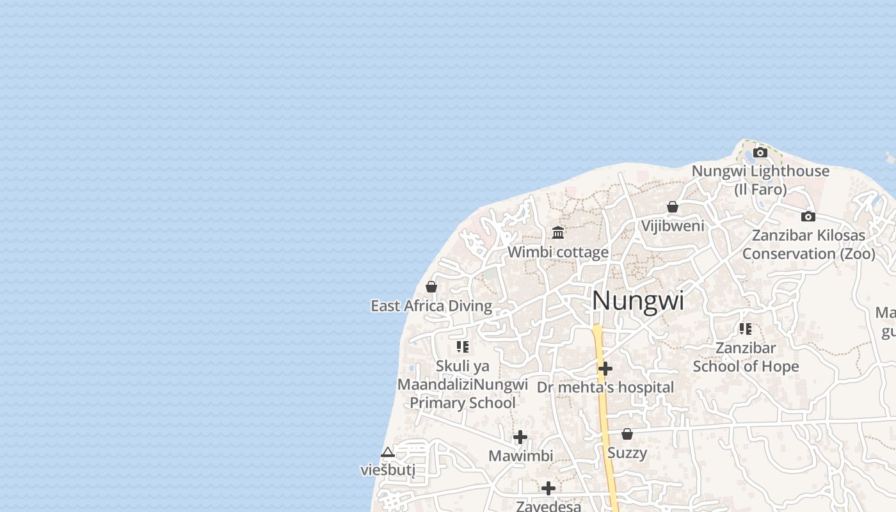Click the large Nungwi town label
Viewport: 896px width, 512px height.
(638, 301)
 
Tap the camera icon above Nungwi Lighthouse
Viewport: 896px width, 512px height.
(760, 152)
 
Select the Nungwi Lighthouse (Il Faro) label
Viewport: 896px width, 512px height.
(760, 180)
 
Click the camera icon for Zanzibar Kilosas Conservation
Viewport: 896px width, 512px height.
(808, 216)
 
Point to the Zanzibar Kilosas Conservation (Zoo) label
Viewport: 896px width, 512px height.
(808, 244)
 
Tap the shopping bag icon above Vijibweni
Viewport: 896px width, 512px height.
(673, 207)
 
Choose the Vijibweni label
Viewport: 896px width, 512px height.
(673, 226)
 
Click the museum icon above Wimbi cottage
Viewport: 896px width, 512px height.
(558, 232)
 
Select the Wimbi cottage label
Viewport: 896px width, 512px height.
(558, 252)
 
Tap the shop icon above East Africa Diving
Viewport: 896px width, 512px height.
(431, 287)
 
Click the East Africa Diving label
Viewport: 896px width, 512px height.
(431, 306)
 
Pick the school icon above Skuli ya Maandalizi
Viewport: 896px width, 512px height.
(463, 347)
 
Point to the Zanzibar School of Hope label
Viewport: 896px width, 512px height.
(746, 357)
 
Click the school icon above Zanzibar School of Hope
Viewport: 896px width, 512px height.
(746, 329)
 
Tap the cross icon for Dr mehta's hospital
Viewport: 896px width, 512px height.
(605, 369)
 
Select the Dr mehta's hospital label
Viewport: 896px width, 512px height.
(605, 387)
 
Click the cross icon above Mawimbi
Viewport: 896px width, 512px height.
(520, 437)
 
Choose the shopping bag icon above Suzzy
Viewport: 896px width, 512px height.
(627, 434)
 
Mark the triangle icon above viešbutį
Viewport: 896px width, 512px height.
(388, 452)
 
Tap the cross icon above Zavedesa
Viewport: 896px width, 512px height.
(548, 488)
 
